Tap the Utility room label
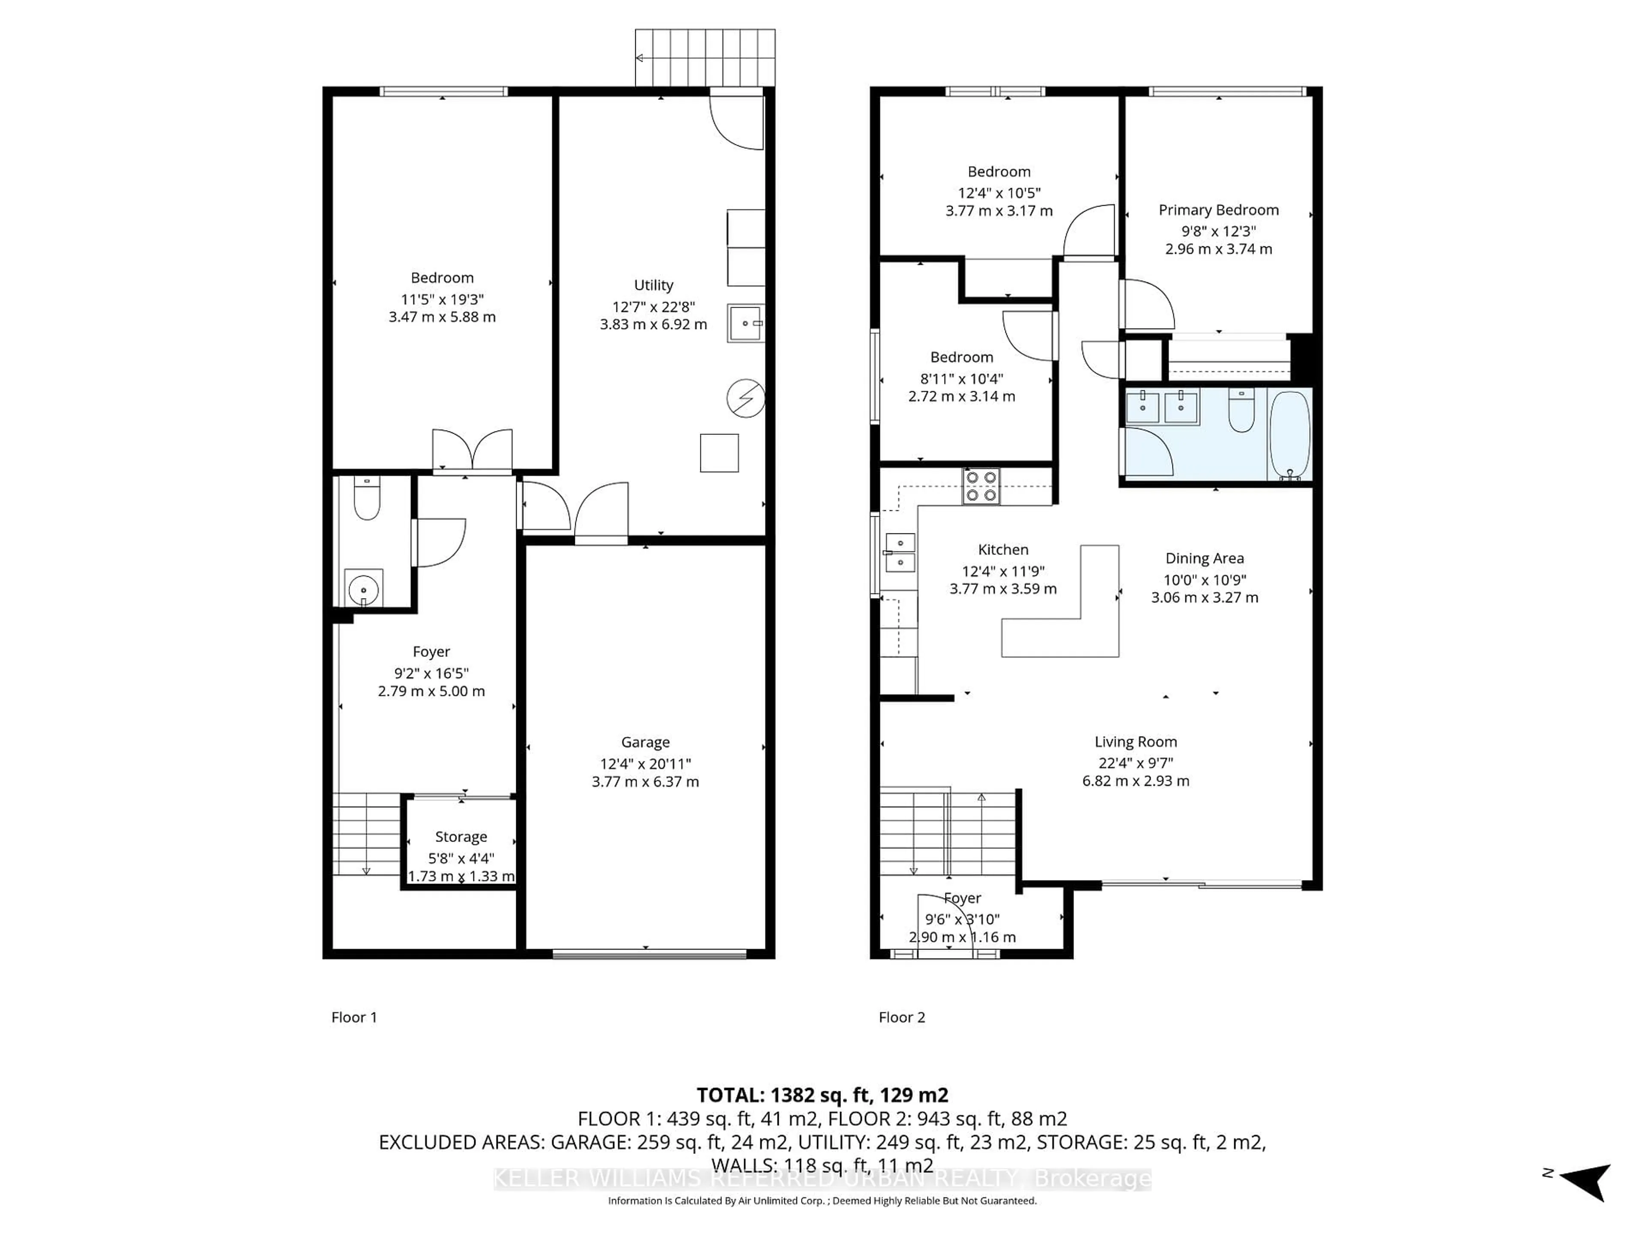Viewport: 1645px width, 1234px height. [x=653, y=285]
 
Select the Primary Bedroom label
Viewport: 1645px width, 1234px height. [x=1218, y=210]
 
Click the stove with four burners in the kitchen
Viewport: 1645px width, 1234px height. [x=981, y=486]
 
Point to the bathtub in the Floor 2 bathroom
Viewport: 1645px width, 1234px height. [x=1289, y=435]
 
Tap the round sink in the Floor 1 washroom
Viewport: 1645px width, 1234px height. [x=364, y=590]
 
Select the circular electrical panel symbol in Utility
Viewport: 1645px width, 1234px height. [x=745, y=398]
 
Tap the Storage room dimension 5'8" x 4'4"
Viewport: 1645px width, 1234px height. [x=461, y=858]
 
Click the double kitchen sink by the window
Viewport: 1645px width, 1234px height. [x=900, y=553]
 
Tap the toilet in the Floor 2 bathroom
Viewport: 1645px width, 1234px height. [x=1241, y=410]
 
